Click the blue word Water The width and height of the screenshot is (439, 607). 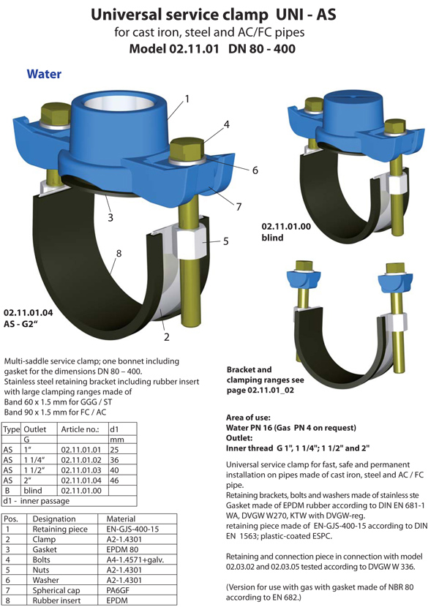pyautogui.click(x=44, y=74)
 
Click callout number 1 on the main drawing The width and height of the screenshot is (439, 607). pyautogui.click(x=187, y=99)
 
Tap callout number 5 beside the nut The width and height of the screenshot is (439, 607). pyautogui.click(x=225, y=241)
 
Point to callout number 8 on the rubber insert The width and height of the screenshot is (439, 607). pyautogui.click(x=119, y=253)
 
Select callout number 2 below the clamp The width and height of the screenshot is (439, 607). pyautogui.click(x=167, y=337)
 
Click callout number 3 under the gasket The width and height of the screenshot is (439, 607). pyautogui.click(x=110, y=217)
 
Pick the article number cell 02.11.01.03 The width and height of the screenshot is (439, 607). pyautogui.click(x=81, y=470)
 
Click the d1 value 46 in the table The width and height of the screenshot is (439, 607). pyautogui.click(x=114, y=480)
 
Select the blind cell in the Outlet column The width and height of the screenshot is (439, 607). pyautogui.click(x=32, y=491)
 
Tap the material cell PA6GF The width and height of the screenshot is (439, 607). pyautogui.click(x=118, y=590)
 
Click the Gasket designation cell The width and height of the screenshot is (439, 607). pyautogui.click(x=45, y=549)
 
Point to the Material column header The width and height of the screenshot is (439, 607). pyautogui.click(x=121, y=519)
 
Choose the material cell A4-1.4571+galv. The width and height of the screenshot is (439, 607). pyautogui.click(x=135, y=559)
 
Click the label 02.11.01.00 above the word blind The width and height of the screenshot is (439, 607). pyautogui.click(x=286, y=227)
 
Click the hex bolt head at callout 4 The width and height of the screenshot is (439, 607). pyautogui.click(x=187, y=149)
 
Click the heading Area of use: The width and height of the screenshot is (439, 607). pyautogui.click(x=248, y=418)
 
